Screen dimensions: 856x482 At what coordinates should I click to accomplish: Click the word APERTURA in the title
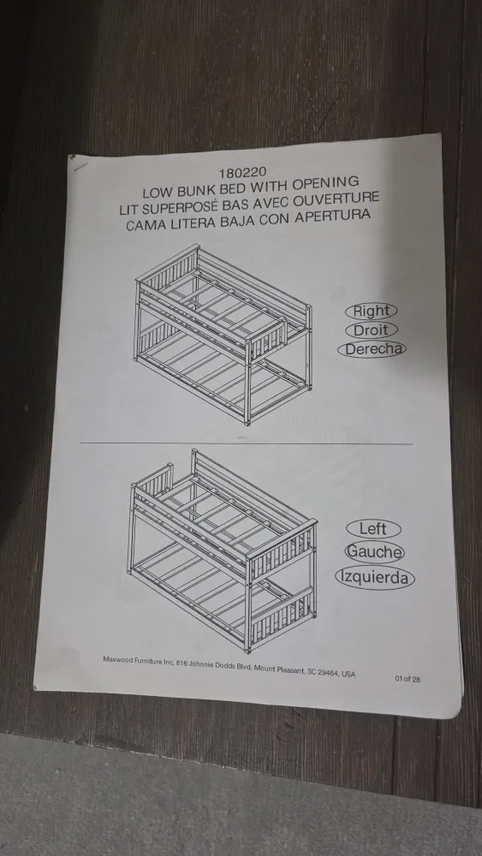(332, 216)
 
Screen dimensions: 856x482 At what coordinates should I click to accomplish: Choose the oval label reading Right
(372, 312)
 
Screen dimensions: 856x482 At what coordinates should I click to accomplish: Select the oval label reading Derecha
(372, 349)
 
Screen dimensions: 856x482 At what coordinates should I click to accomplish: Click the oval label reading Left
(373, 529)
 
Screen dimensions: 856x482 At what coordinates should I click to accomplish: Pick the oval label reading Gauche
(374, 553)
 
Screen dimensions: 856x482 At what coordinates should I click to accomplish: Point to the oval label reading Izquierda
(375, 578)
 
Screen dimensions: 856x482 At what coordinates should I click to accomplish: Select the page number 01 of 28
(408, 680)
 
